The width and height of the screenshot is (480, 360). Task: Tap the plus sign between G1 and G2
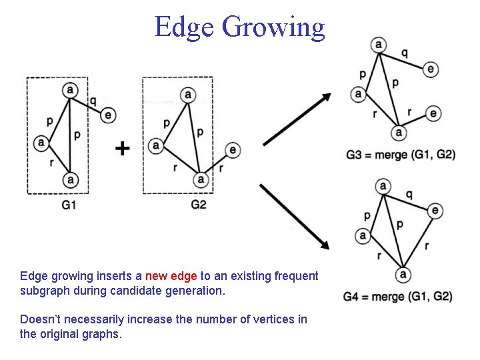coord(122,148)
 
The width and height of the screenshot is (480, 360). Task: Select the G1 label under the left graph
coord(69,205)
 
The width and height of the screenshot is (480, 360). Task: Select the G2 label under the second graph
coord(199,205)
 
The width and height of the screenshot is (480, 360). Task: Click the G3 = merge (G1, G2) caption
coord(401,155)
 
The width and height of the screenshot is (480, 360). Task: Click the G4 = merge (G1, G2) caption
coord(397,296)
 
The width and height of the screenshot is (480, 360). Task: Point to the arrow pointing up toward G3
coord(297,119)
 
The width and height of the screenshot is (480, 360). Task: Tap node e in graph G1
coord(109,115)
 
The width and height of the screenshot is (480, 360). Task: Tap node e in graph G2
coord(233,149)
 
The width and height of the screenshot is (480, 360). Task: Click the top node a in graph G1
coord(70,90)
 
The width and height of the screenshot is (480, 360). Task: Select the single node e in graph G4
coord(435,211)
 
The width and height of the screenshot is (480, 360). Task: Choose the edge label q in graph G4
coord(409,194)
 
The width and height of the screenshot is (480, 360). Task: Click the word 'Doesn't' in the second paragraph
coord(39,319)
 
